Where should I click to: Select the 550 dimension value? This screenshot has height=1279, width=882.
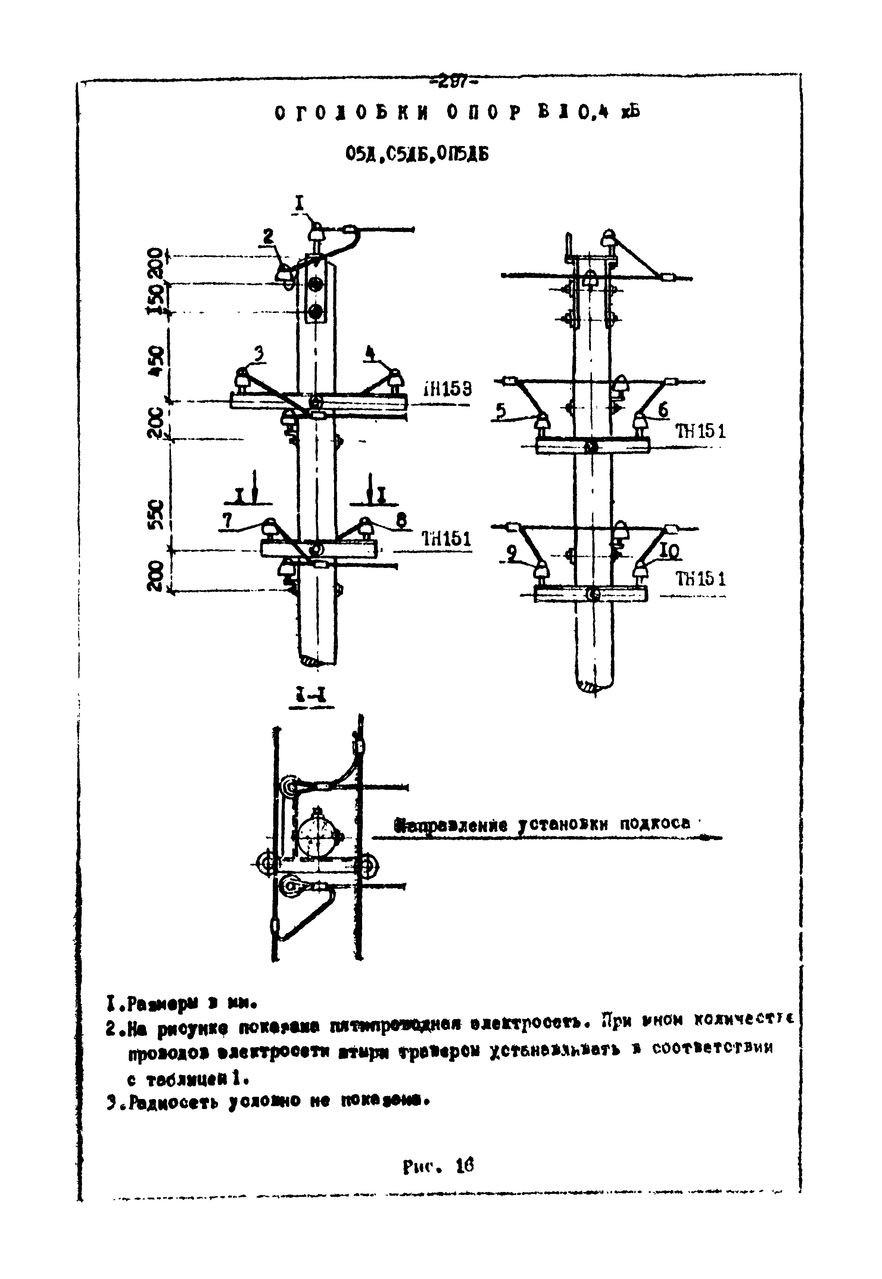pyautogui.click(x=156, y=515)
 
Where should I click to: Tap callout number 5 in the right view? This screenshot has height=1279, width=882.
pyautogui.click(x=501, y=410)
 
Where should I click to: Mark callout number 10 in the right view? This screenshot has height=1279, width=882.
pyautogui.click(x=669, y=551)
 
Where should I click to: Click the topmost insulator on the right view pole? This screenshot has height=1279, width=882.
pyautogui.click(x=608, y=238)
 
